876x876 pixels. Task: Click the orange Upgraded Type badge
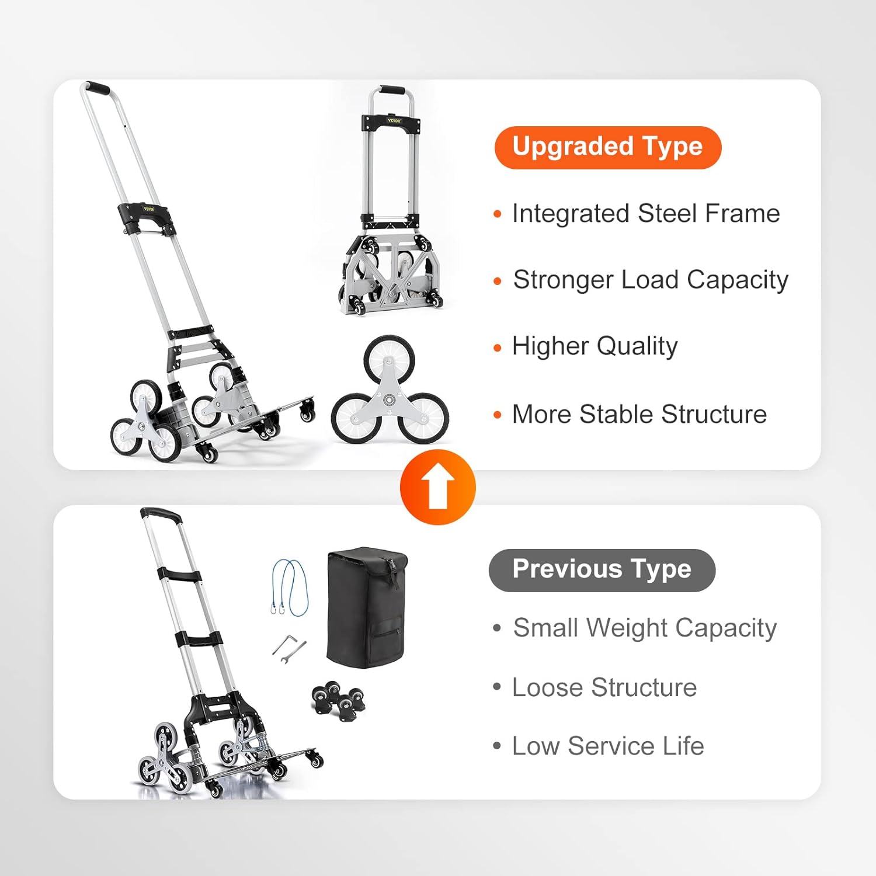click(x=608, y=148)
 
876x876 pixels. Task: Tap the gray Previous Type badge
click(x=602, y=570)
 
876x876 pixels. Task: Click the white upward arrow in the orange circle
click(x=438, y=488)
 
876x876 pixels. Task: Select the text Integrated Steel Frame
click(x=646, y=214)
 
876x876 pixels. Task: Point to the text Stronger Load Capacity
click(x=651, y=280)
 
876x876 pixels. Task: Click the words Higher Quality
click(x=595, y=346)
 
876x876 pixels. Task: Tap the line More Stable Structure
click(x=639, y=415)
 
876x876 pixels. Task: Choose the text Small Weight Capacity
click(x=645, y=629)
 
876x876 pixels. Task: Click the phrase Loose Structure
click(x=604, y=687)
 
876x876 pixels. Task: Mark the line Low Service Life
click(x=608, y=746)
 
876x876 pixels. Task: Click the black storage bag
click(x=367, y=607)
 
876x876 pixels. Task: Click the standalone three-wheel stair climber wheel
click(x=390, y=391)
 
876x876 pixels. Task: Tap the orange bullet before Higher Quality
click(x=498, y=348)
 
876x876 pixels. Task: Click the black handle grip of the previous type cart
click(x=161, y=514)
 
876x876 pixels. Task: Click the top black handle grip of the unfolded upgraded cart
click(x=96, y=88)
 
